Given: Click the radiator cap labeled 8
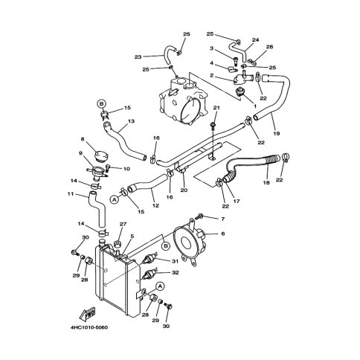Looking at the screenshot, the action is coord(102,156).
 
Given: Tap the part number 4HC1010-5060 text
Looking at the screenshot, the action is coord(89,327).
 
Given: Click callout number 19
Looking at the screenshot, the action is coord(277,133).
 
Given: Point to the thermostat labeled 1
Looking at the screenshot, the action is coord(240,92).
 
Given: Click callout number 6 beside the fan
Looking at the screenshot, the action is coord(223,234).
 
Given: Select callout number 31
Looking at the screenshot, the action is coord(175,261).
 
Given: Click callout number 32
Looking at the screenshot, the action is coord(176,272).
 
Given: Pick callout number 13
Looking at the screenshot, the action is coord(132,121).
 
